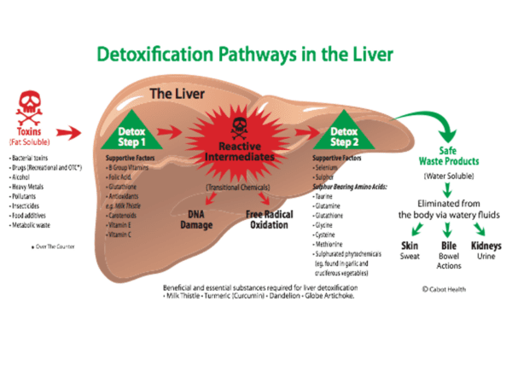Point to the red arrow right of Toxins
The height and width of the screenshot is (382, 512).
coord(71,133)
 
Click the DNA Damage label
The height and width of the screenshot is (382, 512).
coord(195,220)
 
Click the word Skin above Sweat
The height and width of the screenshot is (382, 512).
coord(409,246)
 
